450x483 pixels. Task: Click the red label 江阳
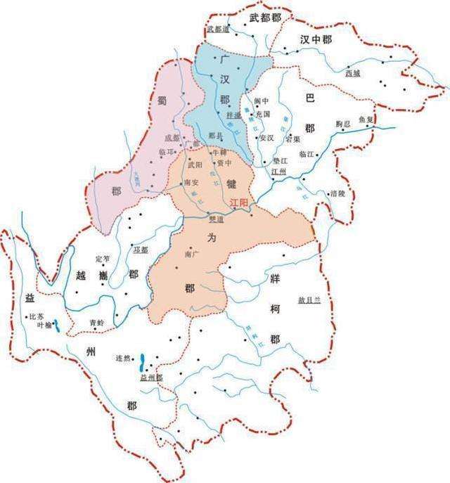(240, 202)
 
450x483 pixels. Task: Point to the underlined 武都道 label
(219, 29)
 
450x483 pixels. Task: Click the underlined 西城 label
(353, 72)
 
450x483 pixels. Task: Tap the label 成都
(172, 138)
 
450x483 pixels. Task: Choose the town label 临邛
(169, 152)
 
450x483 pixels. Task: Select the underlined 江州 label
(279, 171)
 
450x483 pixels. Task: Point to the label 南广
(190, 255)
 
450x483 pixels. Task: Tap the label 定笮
(104, 259)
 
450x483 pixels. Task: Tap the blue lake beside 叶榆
(56, 326)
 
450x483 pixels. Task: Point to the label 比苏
(37, 316)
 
